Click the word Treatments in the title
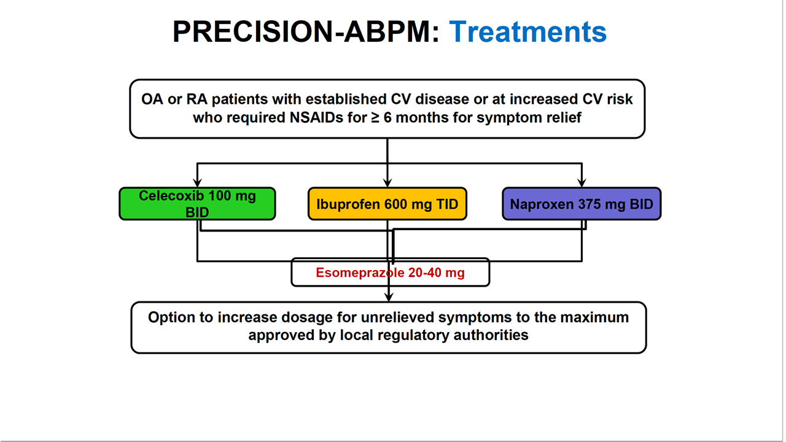point(527,32)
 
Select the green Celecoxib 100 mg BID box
point(197,204)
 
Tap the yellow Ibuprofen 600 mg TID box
point(387,204)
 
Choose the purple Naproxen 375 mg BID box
point(581,204)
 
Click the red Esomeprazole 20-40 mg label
point(390,273)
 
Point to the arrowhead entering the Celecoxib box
point(197,182)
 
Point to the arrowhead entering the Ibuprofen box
point(387,182)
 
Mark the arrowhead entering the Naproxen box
point(582,182)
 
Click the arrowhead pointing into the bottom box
point(387,297)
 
